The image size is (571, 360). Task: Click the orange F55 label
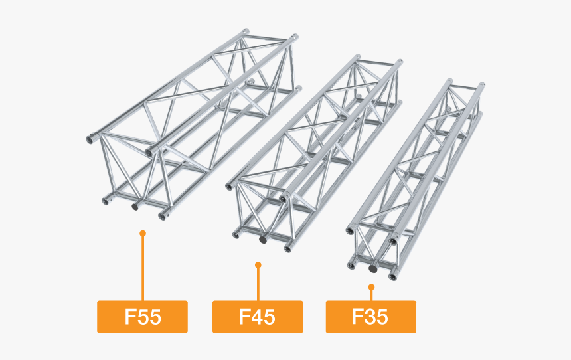point(142,316)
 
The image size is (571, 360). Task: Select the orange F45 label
point(257,316)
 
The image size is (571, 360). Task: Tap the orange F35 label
point(370,316)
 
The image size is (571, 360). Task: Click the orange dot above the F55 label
point(142,233)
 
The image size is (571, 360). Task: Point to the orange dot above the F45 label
point(258,265)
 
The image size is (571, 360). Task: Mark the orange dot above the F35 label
point(371,287)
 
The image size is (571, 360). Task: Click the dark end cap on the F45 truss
point(264,239)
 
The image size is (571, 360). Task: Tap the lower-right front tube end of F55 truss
point(163,215)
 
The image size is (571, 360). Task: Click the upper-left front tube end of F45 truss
point(230,186)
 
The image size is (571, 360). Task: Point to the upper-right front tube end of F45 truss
point(284,198)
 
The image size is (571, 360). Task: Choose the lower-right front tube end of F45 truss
point(288,248)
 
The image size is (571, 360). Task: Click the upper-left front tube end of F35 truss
point(349,230)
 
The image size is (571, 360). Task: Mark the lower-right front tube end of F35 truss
point(392,274)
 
